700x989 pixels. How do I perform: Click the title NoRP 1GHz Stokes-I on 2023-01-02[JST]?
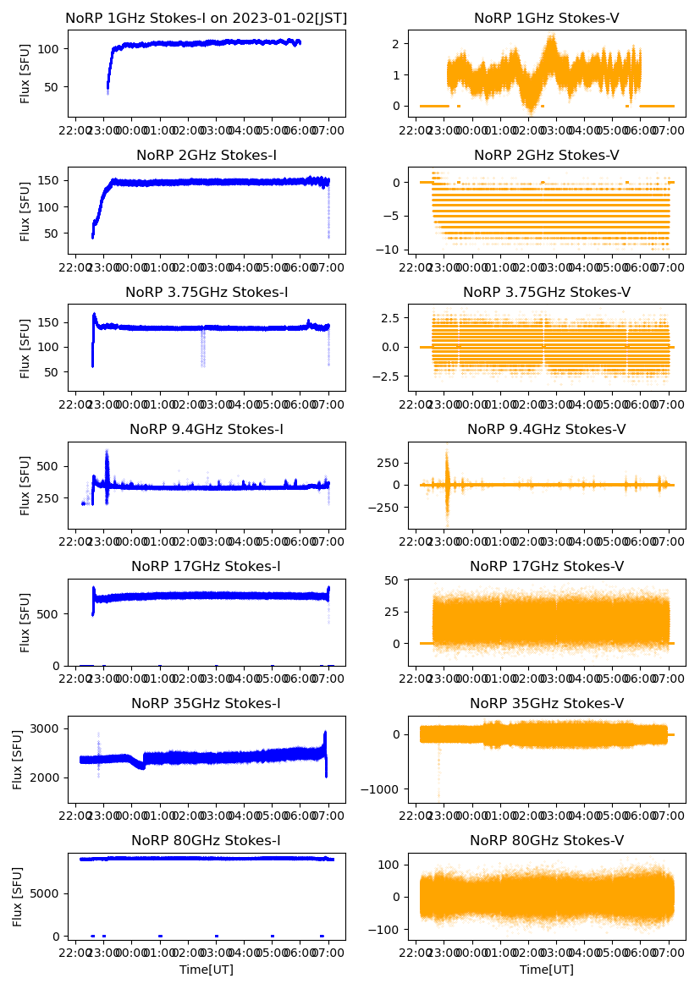(x=207, y=18)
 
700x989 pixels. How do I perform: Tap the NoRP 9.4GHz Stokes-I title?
(x=207, y=429)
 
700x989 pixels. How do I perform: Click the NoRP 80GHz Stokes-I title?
(x=207, y=840)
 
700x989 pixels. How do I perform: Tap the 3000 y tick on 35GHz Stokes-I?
(x=47, y=728)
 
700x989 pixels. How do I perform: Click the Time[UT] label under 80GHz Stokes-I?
(x=207, y=970)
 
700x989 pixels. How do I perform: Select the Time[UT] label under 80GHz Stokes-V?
(x=546, y=970)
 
